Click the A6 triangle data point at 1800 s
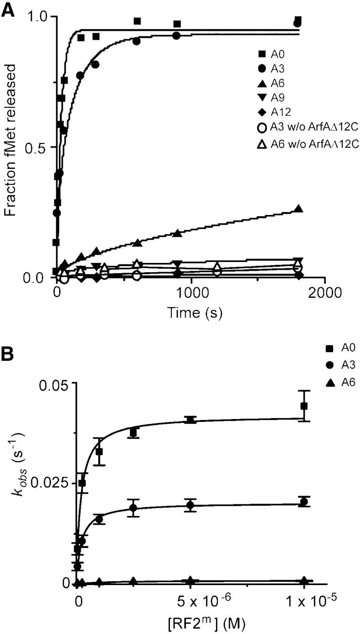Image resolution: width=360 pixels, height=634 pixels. click(299, 209)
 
